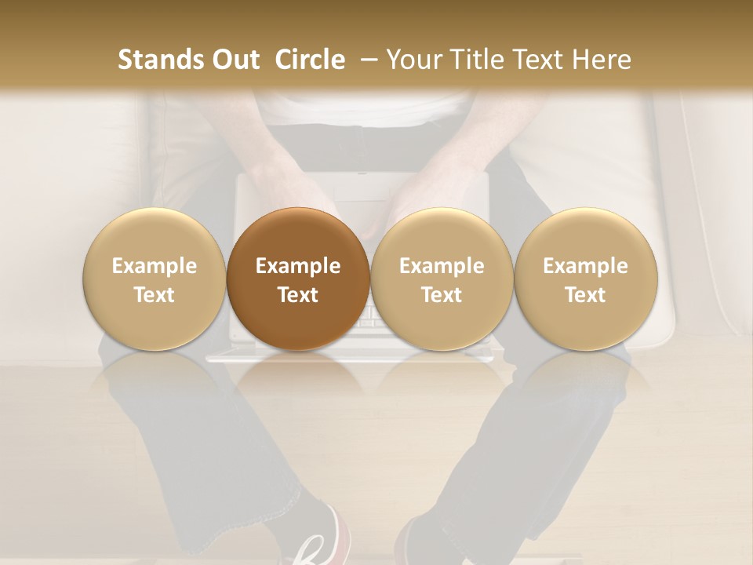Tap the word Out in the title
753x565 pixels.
coord(235,60)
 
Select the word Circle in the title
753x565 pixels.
coord(310,60)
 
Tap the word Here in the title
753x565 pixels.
coord(600,60)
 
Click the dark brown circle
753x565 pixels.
coord(298,279)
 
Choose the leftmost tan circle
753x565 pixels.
coord(154,279)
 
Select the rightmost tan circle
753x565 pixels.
coord(585,279)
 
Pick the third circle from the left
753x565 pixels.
coord(442,279)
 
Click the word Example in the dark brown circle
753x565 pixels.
coord(298,266)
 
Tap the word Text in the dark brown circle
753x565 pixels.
coord(298,295)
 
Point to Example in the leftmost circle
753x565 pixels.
coord(154,266)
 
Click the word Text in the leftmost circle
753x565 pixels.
coord(154,295)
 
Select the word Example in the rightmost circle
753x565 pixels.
coord(585,266)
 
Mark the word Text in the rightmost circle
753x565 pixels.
coord(585,295)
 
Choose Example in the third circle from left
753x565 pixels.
coord(442,266)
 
